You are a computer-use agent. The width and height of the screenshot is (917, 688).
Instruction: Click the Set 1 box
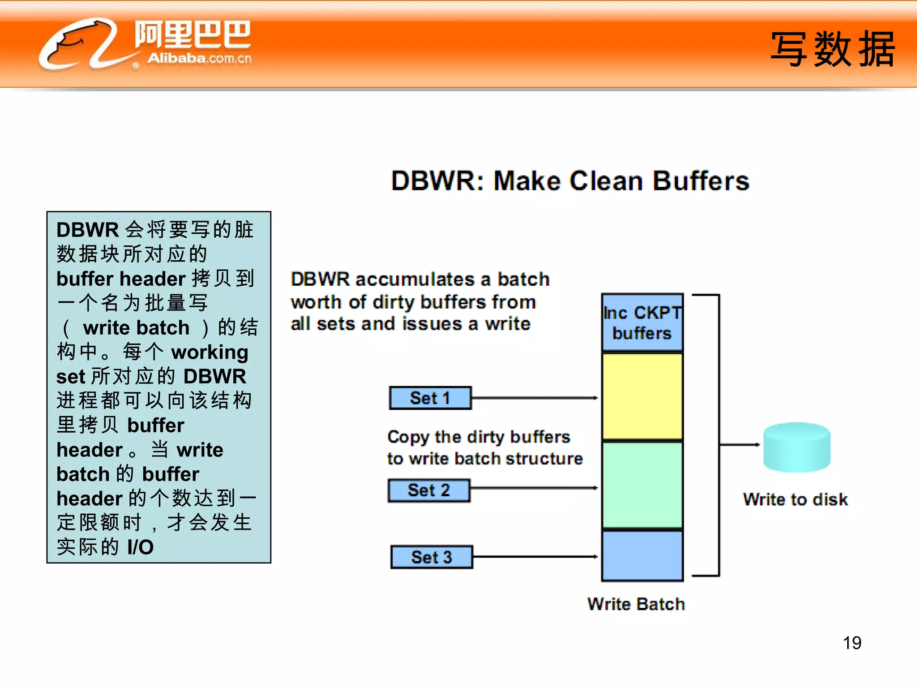(x=430, y=398)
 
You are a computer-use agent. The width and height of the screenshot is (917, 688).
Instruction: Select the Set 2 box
(x=429, y=490)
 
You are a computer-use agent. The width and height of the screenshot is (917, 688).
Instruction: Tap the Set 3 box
(x=432, y=557)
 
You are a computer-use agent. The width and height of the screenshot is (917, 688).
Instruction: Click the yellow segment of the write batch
(x=642, y=396)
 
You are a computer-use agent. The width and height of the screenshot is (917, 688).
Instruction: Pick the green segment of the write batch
(x=642, y=485)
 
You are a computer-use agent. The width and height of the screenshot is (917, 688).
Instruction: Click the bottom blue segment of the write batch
(x=642, y=555)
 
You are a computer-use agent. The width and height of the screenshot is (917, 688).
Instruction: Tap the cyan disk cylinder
(x=797, y=447)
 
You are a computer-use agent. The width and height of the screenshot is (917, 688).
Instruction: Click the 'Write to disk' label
(x=795, y=499)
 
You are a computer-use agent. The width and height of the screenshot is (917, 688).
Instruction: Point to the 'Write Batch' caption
(x=636, y=604)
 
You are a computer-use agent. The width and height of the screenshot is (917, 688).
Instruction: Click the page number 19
(x=852, y=643)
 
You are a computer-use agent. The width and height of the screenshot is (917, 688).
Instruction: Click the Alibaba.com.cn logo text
(x=199, y=58)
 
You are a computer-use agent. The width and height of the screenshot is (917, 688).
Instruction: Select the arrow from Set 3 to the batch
(x=535, y=557)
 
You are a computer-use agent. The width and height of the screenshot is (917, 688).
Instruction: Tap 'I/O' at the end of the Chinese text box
(x=140, y=547)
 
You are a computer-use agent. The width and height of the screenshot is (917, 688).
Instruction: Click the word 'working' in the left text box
(x=210, y=353)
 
